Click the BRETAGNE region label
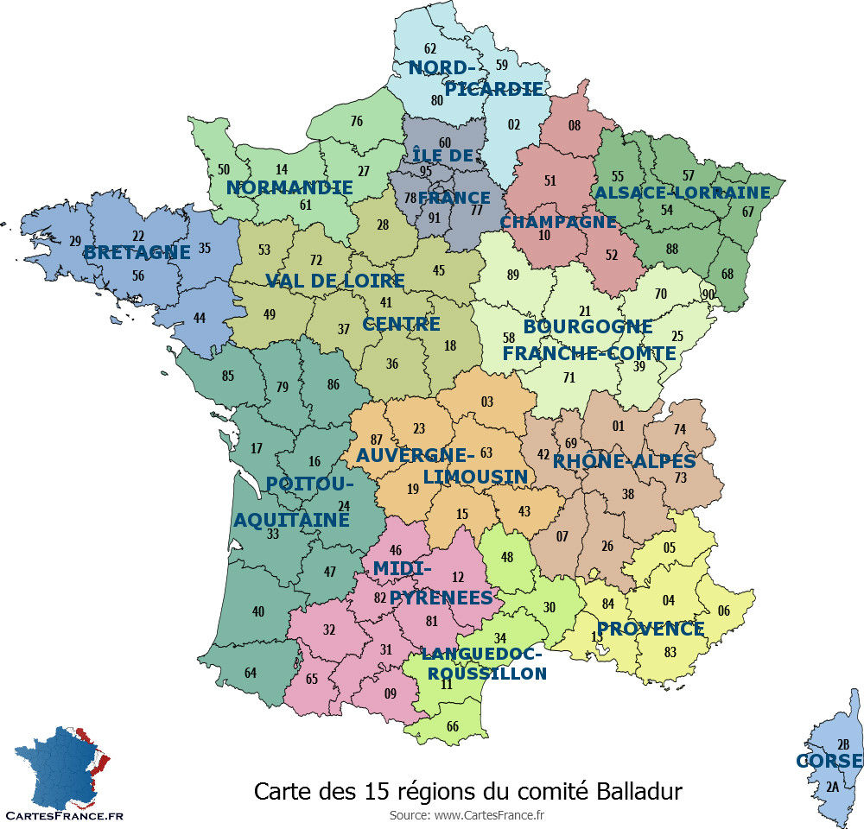[137, 253]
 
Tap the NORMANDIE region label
[289, 187]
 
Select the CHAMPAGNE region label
[558, 222]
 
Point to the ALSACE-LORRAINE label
[682, 193]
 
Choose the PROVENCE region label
[651, 629]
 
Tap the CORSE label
[829, 761]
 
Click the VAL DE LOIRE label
[334, 281]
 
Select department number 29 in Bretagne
[75, 241]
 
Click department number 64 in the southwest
[251, 673]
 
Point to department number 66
[453, 726]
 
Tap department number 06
[723, 611]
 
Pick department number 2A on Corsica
[832, 787]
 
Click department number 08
[574, 126]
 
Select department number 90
[708, 295]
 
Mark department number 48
[508, 557]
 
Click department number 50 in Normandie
[224, 170]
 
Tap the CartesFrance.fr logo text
[64, 814]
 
